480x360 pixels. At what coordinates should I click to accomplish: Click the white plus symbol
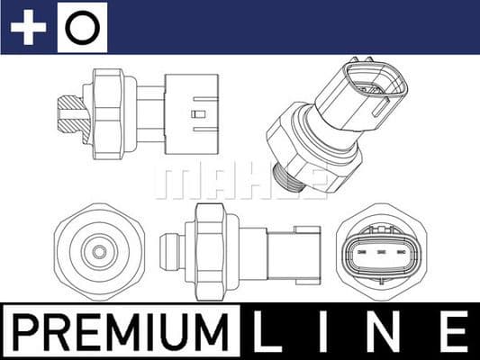(28, 27)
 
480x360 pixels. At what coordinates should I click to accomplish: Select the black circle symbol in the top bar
(82, 27)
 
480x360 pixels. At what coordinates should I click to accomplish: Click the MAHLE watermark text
(240, 181)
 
